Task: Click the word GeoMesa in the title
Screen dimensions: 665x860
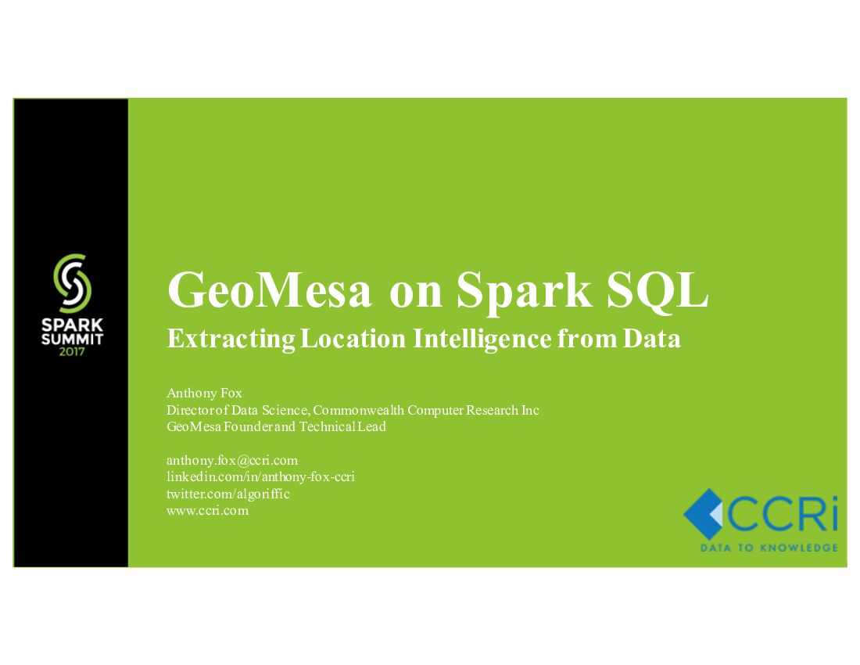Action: click(x=270, y=291)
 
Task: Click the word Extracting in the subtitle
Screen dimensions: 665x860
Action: click(x=231, y=339)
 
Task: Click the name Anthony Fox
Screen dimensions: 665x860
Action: click(x=204, y=393)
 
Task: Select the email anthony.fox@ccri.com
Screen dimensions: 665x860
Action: click(x=232, y=460)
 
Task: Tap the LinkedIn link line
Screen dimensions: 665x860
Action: click(x=260, y=476)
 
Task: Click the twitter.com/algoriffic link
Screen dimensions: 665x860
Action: click(x=228, y=494)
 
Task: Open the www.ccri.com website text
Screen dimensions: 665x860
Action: click(x=207, y=510)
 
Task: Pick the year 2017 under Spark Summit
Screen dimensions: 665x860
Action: click(x=71, y=351)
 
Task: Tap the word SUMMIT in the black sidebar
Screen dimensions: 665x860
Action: click(x=71, y=339)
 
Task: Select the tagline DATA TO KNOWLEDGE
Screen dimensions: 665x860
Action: click(x=769, y=548)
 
